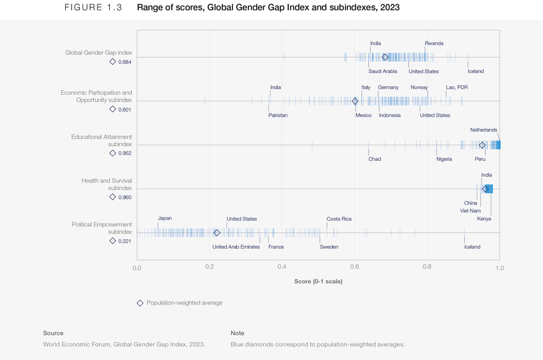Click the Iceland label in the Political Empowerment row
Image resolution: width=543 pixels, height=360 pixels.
point(472,247)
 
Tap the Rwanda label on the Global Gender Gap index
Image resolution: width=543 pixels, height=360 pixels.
point(434,43)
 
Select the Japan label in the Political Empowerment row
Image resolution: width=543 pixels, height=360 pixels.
point(165,219)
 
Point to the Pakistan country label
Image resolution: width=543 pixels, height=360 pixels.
point(278,116)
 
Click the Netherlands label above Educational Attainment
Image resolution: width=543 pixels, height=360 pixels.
point(484,130)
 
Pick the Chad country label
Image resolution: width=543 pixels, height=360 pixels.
point(374,159)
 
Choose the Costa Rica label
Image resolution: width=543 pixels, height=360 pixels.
point(339,219)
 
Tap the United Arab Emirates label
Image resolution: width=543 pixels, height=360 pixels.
point(236,247)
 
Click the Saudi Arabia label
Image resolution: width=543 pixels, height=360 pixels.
point(383,71)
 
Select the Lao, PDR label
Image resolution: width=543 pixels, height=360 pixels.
point(457,87)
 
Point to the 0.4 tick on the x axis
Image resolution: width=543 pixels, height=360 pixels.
point(282,268)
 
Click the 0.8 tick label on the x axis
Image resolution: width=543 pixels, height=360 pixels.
point(427,268)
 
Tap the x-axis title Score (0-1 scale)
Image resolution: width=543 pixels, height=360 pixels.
point(318,281)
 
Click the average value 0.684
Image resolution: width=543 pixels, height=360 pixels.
point(125,62)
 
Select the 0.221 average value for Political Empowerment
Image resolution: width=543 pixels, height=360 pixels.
point(125,241)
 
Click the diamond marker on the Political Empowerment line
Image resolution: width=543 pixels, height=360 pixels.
point(217,233)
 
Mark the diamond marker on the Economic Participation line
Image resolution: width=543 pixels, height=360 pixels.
point(355,101)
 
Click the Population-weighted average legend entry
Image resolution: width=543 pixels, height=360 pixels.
point(184,303)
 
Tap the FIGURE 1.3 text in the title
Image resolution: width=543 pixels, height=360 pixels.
point(93,8)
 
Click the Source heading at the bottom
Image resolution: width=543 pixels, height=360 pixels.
point(53,333)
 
